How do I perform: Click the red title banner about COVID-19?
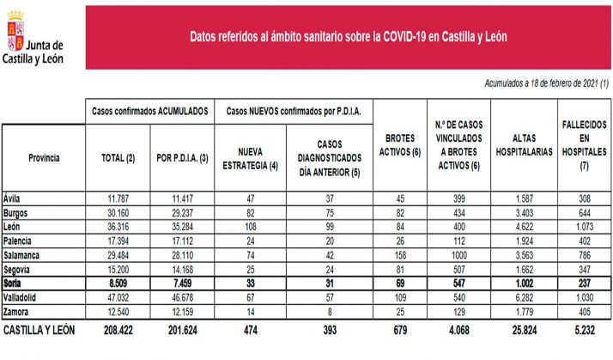(348, 38)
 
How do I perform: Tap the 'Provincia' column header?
(43, 158)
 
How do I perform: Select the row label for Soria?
(15, 284)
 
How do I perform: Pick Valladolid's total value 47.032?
(118, 296)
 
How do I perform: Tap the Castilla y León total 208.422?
(118, 329)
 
